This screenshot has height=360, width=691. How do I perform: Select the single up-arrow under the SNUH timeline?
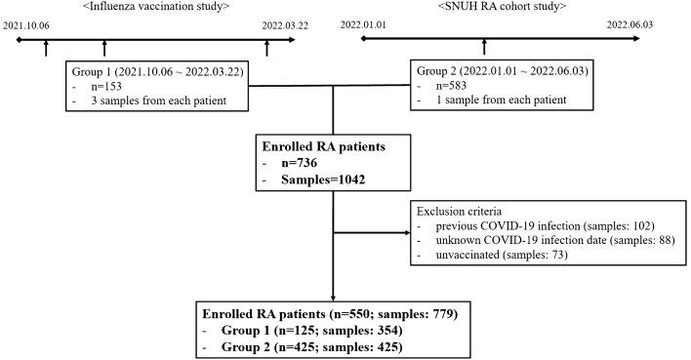[x=485, y=46]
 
